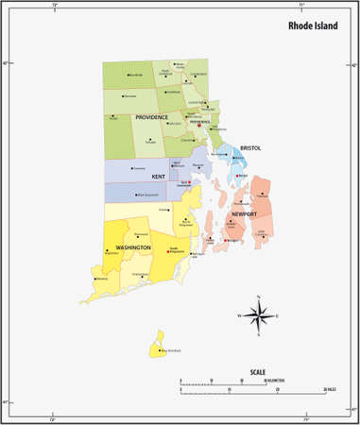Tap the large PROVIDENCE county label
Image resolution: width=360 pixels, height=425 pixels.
[x=151, y=116]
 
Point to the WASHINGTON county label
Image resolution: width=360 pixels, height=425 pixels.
[x=133, y=247]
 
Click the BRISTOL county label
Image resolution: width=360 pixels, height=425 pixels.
[x=249, y=147]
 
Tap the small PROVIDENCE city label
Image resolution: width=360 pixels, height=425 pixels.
[x=199, y=122]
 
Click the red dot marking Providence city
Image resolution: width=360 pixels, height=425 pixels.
[x=198, y=127]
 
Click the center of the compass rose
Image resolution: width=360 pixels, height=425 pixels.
[x=260, y=315]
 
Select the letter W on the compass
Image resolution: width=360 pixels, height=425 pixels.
[x=239, y=315]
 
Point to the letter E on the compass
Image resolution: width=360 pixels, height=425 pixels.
[x=281, y=315]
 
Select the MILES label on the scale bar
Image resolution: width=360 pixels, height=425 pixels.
[x=330, y=389]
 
